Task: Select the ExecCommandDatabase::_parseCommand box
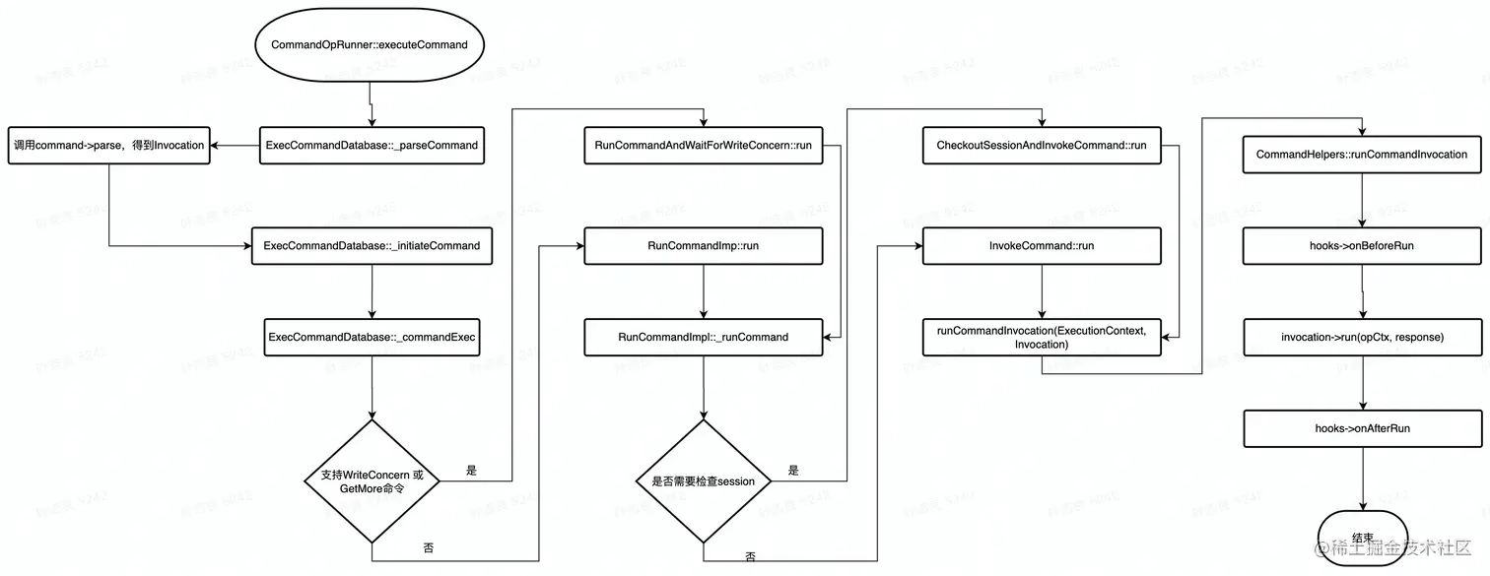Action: coord(372,145)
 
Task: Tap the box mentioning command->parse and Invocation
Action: coord(109,145)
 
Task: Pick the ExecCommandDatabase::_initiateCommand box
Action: coord(372,245)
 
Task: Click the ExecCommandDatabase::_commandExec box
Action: coord(372,337)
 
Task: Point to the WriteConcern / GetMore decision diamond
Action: coord(372,480)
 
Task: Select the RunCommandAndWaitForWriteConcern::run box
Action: coord(703,145)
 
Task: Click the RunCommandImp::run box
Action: coord(703,245)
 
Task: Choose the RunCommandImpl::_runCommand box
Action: coord(703,337)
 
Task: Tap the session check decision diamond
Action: coord(703,480)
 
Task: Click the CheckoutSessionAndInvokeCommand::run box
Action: coord(1042,145)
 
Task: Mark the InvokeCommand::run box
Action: coord(1042,245)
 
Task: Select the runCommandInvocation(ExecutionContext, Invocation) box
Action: coord(1042,337)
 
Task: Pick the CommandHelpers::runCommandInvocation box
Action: coord(1362,155)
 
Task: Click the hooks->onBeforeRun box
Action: coord(1362,245)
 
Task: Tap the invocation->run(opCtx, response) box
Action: coord(1362,337)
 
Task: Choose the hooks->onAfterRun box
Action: coord(1362,428)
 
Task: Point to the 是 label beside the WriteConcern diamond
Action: coord(471,471)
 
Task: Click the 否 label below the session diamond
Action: coord(751,556)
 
